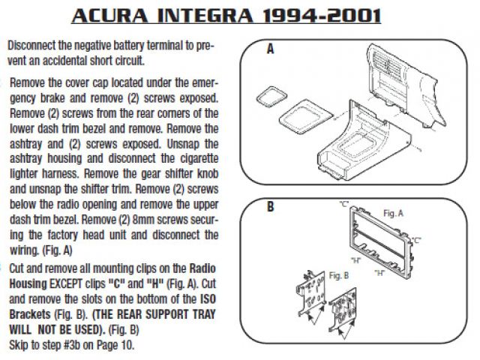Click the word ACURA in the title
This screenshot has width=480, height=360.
(x=110, y=16)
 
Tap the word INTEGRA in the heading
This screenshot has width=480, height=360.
(x=205, y=16)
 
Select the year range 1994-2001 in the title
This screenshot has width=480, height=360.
(x=322, y=16)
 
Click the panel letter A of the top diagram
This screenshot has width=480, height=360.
(x=270, y=49)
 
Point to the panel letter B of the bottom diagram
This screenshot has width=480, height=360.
(x=270, y=207)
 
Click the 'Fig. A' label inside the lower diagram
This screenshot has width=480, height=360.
(x=393, y=213)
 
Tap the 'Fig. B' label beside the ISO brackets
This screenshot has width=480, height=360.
(x=339, y=275)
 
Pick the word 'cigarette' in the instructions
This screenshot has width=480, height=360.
(x=199, y=158)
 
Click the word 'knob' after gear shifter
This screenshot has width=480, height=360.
(x=208, y=173)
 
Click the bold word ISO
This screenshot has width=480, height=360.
(x=208, y=298)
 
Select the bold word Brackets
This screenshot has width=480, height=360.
(x=30, y=314)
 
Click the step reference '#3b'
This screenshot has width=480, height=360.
(x=72, y=345)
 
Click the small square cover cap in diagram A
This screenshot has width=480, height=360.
(x=271, y=97)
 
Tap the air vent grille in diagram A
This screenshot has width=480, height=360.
(x=388, y=63)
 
